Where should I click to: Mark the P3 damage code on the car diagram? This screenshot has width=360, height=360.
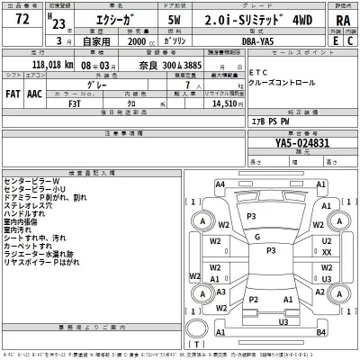(x=251, y=217)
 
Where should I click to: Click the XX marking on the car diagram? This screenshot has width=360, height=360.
(x=327, y=254)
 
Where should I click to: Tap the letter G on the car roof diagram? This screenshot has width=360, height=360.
(x=256, y=237)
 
